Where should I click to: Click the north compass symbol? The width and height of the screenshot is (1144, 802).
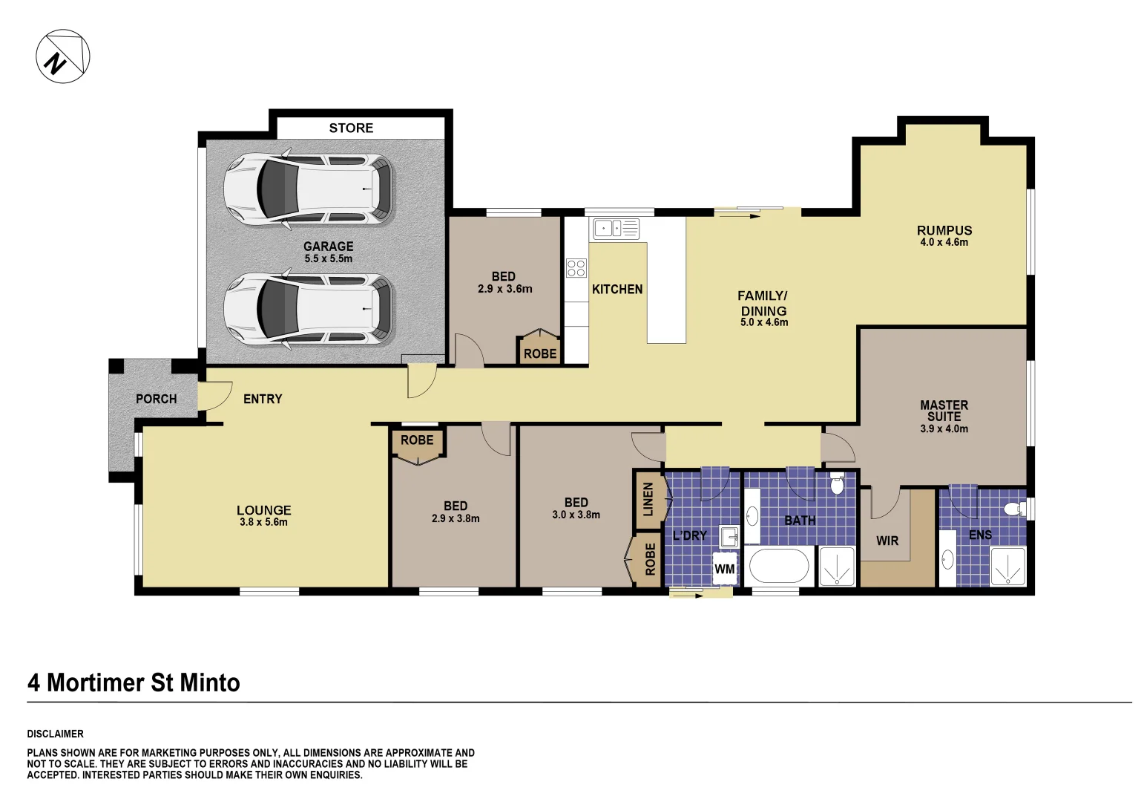point(63,56)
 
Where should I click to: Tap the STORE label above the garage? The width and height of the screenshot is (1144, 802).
point(351,128)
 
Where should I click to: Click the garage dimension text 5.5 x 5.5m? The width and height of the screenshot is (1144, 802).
point(328,258)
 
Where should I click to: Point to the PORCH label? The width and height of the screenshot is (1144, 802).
point(157,399)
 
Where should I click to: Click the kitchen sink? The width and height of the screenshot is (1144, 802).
point(614,228)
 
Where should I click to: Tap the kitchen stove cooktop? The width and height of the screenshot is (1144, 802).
point(576,268)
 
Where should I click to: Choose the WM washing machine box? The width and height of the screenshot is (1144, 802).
point(724,570)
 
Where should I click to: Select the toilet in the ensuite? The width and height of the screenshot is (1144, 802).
point(1010,509)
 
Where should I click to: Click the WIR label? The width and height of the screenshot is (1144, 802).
point(887,541)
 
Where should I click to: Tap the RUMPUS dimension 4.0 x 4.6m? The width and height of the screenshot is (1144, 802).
point(944,242)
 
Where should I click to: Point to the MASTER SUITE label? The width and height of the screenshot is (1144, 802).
point(944,411)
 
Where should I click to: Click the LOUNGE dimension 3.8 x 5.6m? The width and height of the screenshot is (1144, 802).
point(263,522)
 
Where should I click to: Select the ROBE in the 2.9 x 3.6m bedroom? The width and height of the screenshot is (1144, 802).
point(539,353)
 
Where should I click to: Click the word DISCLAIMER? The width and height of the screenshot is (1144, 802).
point(56,734)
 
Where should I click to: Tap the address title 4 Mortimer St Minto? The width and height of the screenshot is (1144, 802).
point(134,682)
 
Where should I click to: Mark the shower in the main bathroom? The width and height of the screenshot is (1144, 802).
point(837,566)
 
